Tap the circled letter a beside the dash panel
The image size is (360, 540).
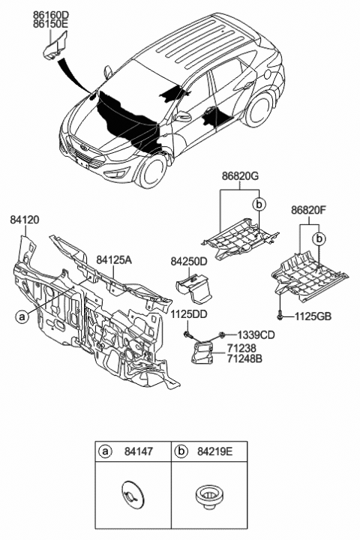tap(23, 316)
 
